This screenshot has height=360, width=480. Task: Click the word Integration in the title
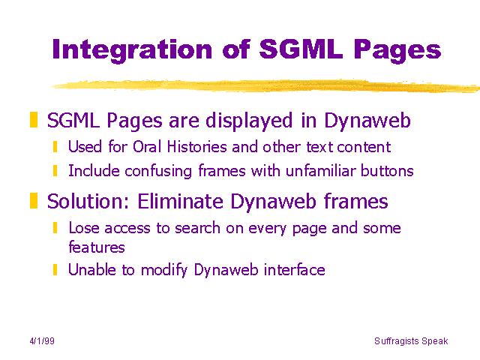pyautogui.click(x=132, y=50)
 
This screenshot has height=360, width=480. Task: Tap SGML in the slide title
pyautogui.click(x=301, y=49)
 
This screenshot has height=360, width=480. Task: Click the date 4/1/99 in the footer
pyautogui.click(x=42, y=341)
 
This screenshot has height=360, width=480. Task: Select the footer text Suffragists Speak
pyautogui.click(x=411, y=341)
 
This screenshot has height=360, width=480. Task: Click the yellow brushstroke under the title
pyautogui.click(x=265, y=86)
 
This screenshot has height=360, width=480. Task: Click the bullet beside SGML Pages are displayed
pyautogui.click(x=34, y=120)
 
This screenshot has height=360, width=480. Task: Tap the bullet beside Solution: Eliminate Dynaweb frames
pyautogui.click(x=34, y=200)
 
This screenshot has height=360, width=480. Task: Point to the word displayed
pyautogui.click(x=249, y=120)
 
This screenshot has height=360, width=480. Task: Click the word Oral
pyautogui.click(x=147, y=147)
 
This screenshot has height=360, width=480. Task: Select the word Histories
pyautogui.click(x=196, y=147)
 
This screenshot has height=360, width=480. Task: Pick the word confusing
pyautogui.click(x=158, y=171)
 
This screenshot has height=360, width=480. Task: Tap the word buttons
pyautogui.click(x=387, y=170)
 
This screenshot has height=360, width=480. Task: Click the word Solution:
pyautogui.click(x=88, y=202)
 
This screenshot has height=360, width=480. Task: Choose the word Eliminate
pyautogui.click(x=180, y=201)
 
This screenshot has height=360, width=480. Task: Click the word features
pyautogui.click(x=97, y=247)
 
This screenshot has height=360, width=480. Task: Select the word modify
pyautogui.click(x=163, y=270)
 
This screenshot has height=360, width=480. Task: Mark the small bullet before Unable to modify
pyautogui.click(x=55, y=270)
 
